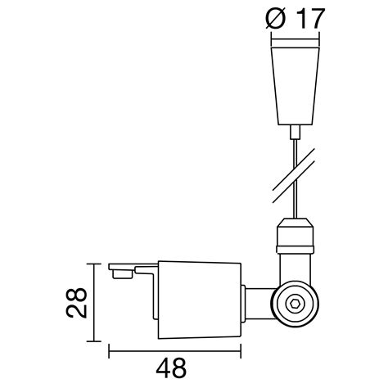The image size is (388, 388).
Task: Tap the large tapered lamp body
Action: [x=199, y=300]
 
